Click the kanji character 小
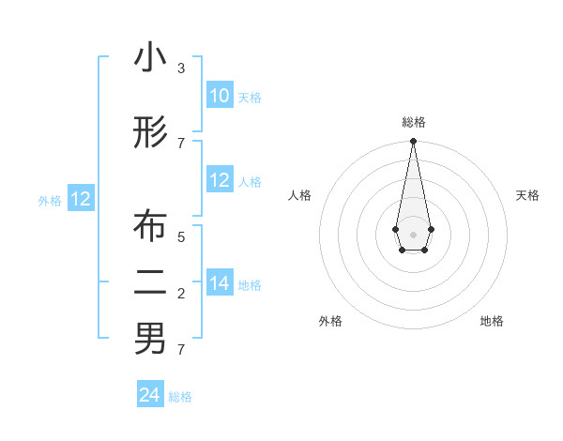tap(150, 59)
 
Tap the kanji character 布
tap(150, 226)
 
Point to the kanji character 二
tap(150, 281)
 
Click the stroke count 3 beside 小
tap(181, 68)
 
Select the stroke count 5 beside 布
tap(181, 237)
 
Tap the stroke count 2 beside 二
tap(181, 294)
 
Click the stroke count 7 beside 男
tap(181, 350)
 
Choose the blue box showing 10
tap(220, 96)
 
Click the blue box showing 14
tap(220, 283)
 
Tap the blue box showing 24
tap(150, 395)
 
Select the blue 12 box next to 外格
tap(81, 199)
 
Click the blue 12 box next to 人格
tap(220, 180)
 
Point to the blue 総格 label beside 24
tap(180, 397)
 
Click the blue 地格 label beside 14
tap(250, 285)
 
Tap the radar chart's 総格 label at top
tap(413, 122)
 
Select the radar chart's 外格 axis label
tap(330, 321)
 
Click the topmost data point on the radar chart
tap(413, 142)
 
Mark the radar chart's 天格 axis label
tap(528, 195)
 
